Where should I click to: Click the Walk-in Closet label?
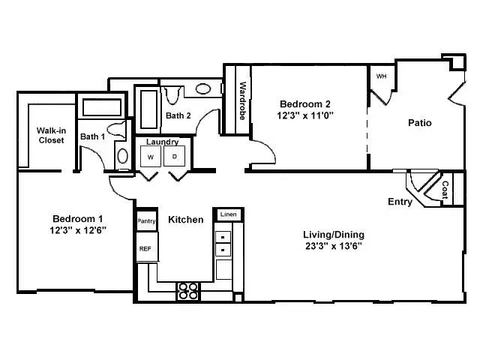tap(50, 135)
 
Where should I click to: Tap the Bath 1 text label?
tap(93, 136)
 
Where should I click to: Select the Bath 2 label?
tap(178, 115)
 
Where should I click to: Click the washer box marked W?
tap(151, 157)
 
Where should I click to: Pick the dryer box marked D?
tap(175, 157)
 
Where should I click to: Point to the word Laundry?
tap(162, 142)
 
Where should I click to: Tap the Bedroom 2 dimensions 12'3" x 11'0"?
tap(306, 115)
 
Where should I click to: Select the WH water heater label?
tap(381, 76)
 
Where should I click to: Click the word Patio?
tap(419, 123)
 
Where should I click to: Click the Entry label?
tap(400, 202)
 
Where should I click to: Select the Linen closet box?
tap(227, 215)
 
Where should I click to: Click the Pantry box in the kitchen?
tap(146, 221)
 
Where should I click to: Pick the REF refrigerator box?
tap(145, 248)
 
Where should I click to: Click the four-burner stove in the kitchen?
tap(187, 290)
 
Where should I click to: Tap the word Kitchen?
tap(185, 220)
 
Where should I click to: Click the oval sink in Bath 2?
tap(203, 88)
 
